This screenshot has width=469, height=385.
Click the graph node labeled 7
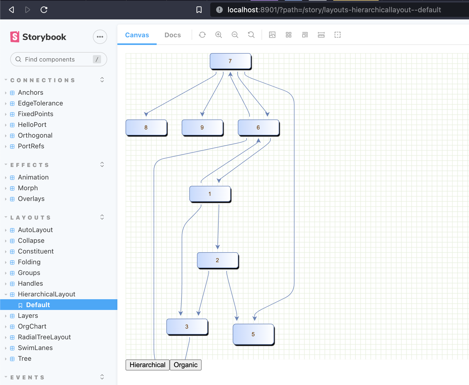(x=230, y=61)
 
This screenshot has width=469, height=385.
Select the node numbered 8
(x=146, y=127)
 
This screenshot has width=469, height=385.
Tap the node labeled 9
(x=202, y=127)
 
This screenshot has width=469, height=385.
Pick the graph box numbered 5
(x=253, y=334)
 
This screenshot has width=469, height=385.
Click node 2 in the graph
(x=217, y=260)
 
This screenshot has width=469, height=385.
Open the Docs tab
(x=172, y=35)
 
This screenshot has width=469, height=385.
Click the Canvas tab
(x=137, y=35)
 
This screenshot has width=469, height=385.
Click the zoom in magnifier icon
(x=218, y=35)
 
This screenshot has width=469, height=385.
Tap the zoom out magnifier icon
(x=235, y=35)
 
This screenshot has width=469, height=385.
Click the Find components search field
(x=54, y=59)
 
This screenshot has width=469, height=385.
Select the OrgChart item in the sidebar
(x=32, y=326)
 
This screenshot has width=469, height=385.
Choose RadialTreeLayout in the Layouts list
(x=44, y=337)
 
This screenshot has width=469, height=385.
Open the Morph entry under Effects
(x=28, y=188)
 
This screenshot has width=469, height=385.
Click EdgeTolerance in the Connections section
(x=40, y=103)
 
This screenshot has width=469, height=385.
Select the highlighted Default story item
(x=38, y=305)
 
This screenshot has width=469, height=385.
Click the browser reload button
(x=44, y=10)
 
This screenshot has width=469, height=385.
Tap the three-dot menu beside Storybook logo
(x=100, y=37)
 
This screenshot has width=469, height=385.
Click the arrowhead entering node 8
(x=146, y=114)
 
